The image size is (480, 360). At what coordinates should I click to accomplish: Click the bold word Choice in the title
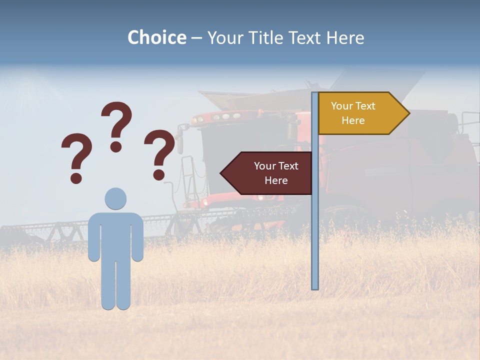point(156,37)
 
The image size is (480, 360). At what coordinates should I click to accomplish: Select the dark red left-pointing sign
point(270,173)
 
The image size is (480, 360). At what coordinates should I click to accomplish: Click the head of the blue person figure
point(115,198)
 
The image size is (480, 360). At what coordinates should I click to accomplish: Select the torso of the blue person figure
point(115,235)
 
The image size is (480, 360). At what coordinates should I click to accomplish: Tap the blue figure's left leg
point(108,285)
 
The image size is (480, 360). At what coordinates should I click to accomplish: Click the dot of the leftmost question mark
point(76,178)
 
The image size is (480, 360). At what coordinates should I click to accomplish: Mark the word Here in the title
point(345,37)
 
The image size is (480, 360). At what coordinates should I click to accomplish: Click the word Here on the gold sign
point(353,120)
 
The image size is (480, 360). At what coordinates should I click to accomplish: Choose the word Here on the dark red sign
point(276,180)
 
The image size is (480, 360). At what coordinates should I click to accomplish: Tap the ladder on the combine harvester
point(187,180)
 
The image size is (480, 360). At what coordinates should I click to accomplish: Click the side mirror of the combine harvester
point(179,140)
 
